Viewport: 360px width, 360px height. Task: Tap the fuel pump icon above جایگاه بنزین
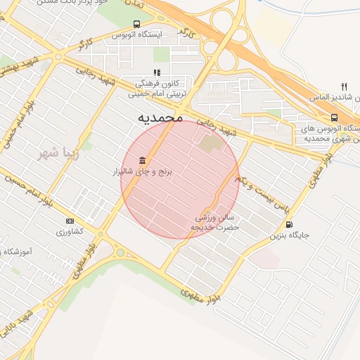point(290,224)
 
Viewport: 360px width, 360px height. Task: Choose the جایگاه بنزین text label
point(290,236)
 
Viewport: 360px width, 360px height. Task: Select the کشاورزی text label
point(69,231)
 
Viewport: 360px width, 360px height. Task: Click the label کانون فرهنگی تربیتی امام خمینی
point(156,87)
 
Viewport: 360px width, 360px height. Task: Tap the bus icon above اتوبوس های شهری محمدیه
point(333,117)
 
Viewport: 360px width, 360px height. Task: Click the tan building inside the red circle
point(209,146)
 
